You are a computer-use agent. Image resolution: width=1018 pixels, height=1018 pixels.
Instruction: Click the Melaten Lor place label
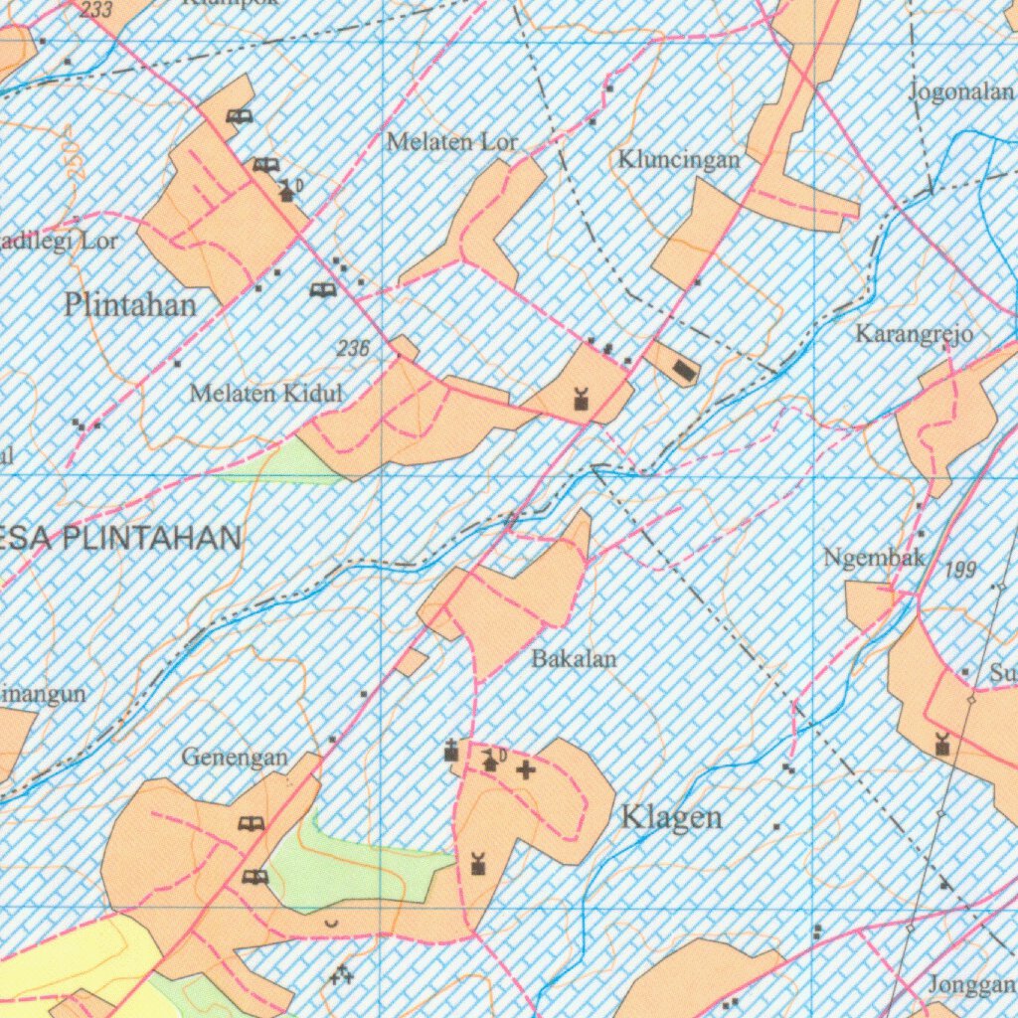(x=452, y=142)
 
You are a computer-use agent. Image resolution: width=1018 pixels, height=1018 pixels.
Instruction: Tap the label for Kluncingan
(x=679, y=160)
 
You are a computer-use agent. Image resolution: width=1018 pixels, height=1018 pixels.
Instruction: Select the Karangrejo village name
(x=914, y=334)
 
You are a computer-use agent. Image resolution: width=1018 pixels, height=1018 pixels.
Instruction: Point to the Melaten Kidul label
(x=265, y=394)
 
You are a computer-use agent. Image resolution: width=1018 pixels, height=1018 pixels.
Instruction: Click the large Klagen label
(x=671, y=818)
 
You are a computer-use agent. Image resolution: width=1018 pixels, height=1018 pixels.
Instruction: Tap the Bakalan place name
(x=574, y=658)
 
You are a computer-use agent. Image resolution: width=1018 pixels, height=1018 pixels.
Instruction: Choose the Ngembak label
(x=875, y=559)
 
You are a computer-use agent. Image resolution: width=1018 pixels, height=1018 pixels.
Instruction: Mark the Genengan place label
(x=235, y=758)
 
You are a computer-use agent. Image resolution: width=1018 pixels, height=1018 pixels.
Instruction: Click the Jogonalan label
(x=961, y=92)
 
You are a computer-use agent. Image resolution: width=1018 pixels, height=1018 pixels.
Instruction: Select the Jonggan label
(x=971, y=985)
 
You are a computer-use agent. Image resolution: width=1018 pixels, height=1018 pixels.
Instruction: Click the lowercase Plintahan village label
(x=130, y=305)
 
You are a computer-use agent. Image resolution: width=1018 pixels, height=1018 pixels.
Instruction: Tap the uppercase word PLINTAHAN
(x=153, y=540)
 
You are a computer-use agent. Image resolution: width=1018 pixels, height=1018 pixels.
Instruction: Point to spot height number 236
(x=353, y=349)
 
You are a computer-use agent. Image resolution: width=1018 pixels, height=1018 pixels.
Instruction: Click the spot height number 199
(x=960, y=570)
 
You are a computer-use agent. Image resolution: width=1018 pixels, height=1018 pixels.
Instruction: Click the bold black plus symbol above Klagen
(x=525, y=768)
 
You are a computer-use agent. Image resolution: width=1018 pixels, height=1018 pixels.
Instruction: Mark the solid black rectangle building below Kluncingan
(x=684, y=372)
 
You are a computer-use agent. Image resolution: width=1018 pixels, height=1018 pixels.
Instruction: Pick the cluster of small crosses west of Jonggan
(x=342, y=975)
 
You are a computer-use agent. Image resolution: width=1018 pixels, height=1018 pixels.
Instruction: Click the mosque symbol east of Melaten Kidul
(x=581, y=401)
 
